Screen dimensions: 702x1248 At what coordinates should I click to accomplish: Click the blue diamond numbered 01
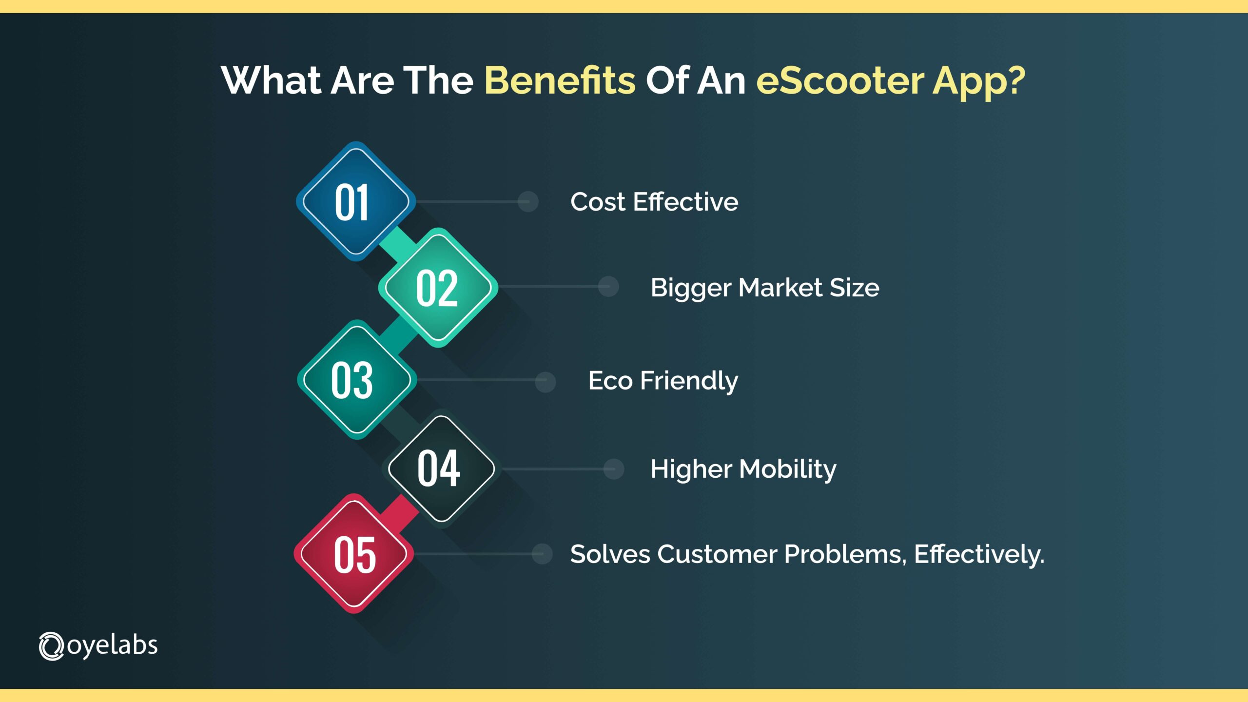(x=355, y=202)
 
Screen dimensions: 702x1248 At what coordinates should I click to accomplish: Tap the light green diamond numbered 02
(x=437, y=288)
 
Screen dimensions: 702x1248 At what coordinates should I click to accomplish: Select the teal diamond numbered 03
(x=356, y=380)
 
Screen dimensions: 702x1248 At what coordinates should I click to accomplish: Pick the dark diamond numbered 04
(x=441, y=469)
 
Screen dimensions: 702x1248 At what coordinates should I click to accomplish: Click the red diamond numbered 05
(x=354, y=554)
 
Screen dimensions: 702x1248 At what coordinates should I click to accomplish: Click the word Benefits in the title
(x=560, y=80)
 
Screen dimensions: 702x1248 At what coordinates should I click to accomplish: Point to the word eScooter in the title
(x=839, y=80)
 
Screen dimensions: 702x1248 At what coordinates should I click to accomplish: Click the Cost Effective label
(x=654, y=202)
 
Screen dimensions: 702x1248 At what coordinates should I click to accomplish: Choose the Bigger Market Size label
(x=764, y=288)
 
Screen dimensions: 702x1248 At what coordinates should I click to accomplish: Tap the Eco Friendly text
(x=663, y=381)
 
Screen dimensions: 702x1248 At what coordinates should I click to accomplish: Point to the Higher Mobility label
(x=743, y=469)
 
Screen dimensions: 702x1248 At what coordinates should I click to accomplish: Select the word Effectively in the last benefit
(x=977, y=554)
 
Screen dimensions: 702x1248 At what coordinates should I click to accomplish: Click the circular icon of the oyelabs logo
(x=51, y=646)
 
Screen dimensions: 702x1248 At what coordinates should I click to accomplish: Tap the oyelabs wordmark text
(x=112, y=646)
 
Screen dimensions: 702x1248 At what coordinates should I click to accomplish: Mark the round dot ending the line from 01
(x=528, y=201)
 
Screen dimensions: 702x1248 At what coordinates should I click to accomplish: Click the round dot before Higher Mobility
(x=613, y=469)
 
